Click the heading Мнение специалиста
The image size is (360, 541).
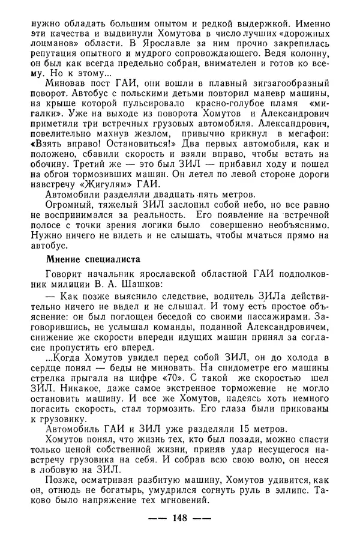94,260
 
